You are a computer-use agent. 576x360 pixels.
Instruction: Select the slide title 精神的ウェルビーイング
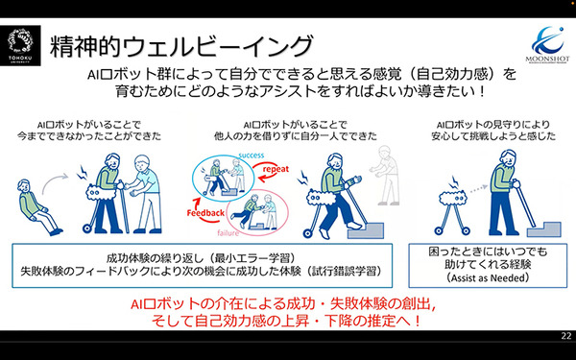point(183,45)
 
